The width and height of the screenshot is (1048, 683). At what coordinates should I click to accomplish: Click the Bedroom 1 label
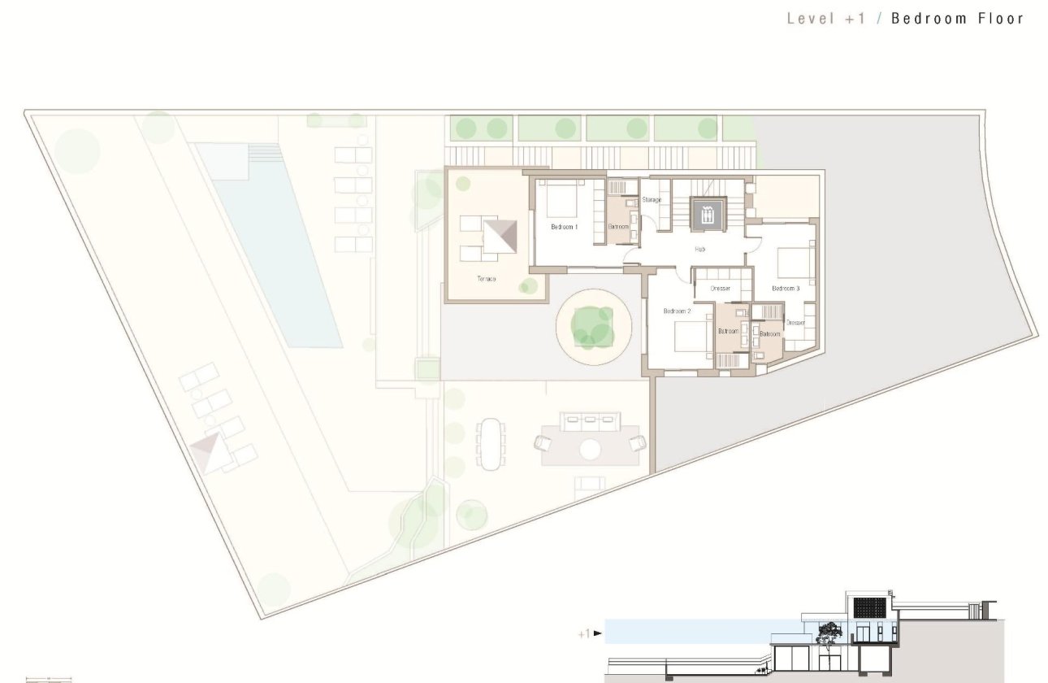pyautogui.click(x=564, y=227)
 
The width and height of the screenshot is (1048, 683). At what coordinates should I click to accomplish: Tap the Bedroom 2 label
pyautogui.click(x=677, y=311)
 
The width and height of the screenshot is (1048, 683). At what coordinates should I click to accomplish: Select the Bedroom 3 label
pyautogui.click(x=786, y=289)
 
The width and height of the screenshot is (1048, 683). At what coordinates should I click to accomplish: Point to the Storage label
pyautogui.click(x=652, y=200)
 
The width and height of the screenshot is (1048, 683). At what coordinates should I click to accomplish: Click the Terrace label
pyautogui.click(x=487, y=279)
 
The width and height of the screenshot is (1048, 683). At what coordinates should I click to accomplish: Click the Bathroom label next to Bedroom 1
pyautogui.click(x=618, y=227)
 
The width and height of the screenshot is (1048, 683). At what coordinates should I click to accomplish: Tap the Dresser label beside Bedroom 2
pyautogui.click(x=720, y=289)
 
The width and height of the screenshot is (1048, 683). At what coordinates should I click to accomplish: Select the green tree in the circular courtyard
pyautogui.click(x=593, y=326)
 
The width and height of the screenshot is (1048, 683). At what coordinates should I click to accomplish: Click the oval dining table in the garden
pyautogui.click(x=491, y=443)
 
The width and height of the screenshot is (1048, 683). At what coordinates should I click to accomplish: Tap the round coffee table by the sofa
pyautogui.click(x=591, y=449)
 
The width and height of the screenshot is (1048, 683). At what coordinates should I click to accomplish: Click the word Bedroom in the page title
pyautogui.click(x=928, y=19)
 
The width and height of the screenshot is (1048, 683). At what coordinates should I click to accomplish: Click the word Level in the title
pyautogui.click(x=811, y=19)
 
